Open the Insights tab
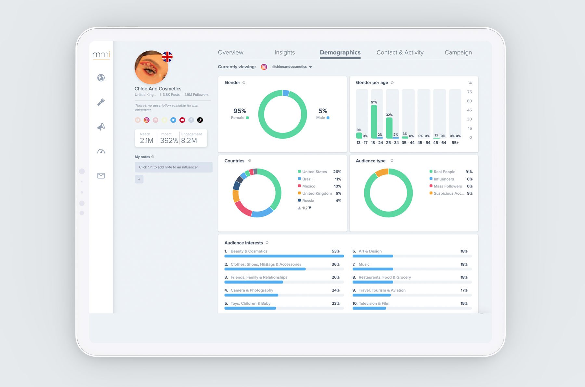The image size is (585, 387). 284,52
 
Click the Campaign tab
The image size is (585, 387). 458,52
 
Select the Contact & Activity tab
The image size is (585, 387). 400,52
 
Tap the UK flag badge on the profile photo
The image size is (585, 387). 167,57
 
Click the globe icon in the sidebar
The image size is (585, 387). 101,78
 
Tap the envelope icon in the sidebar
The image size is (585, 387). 101,176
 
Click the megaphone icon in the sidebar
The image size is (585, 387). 101,127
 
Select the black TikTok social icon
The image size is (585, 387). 200,120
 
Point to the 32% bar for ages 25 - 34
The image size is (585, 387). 389,128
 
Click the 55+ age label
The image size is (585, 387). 455,143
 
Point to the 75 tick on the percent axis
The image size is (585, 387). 469,92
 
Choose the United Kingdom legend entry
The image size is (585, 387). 317,193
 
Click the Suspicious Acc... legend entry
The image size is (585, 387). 448,193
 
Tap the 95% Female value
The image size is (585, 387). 240,111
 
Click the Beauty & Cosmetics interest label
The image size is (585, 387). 249,251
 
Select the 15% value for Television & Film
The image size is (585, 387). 464,303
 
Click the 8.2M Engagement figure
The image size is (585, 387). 189,141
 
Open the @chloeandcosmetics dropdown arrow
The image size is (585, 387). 311,67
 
